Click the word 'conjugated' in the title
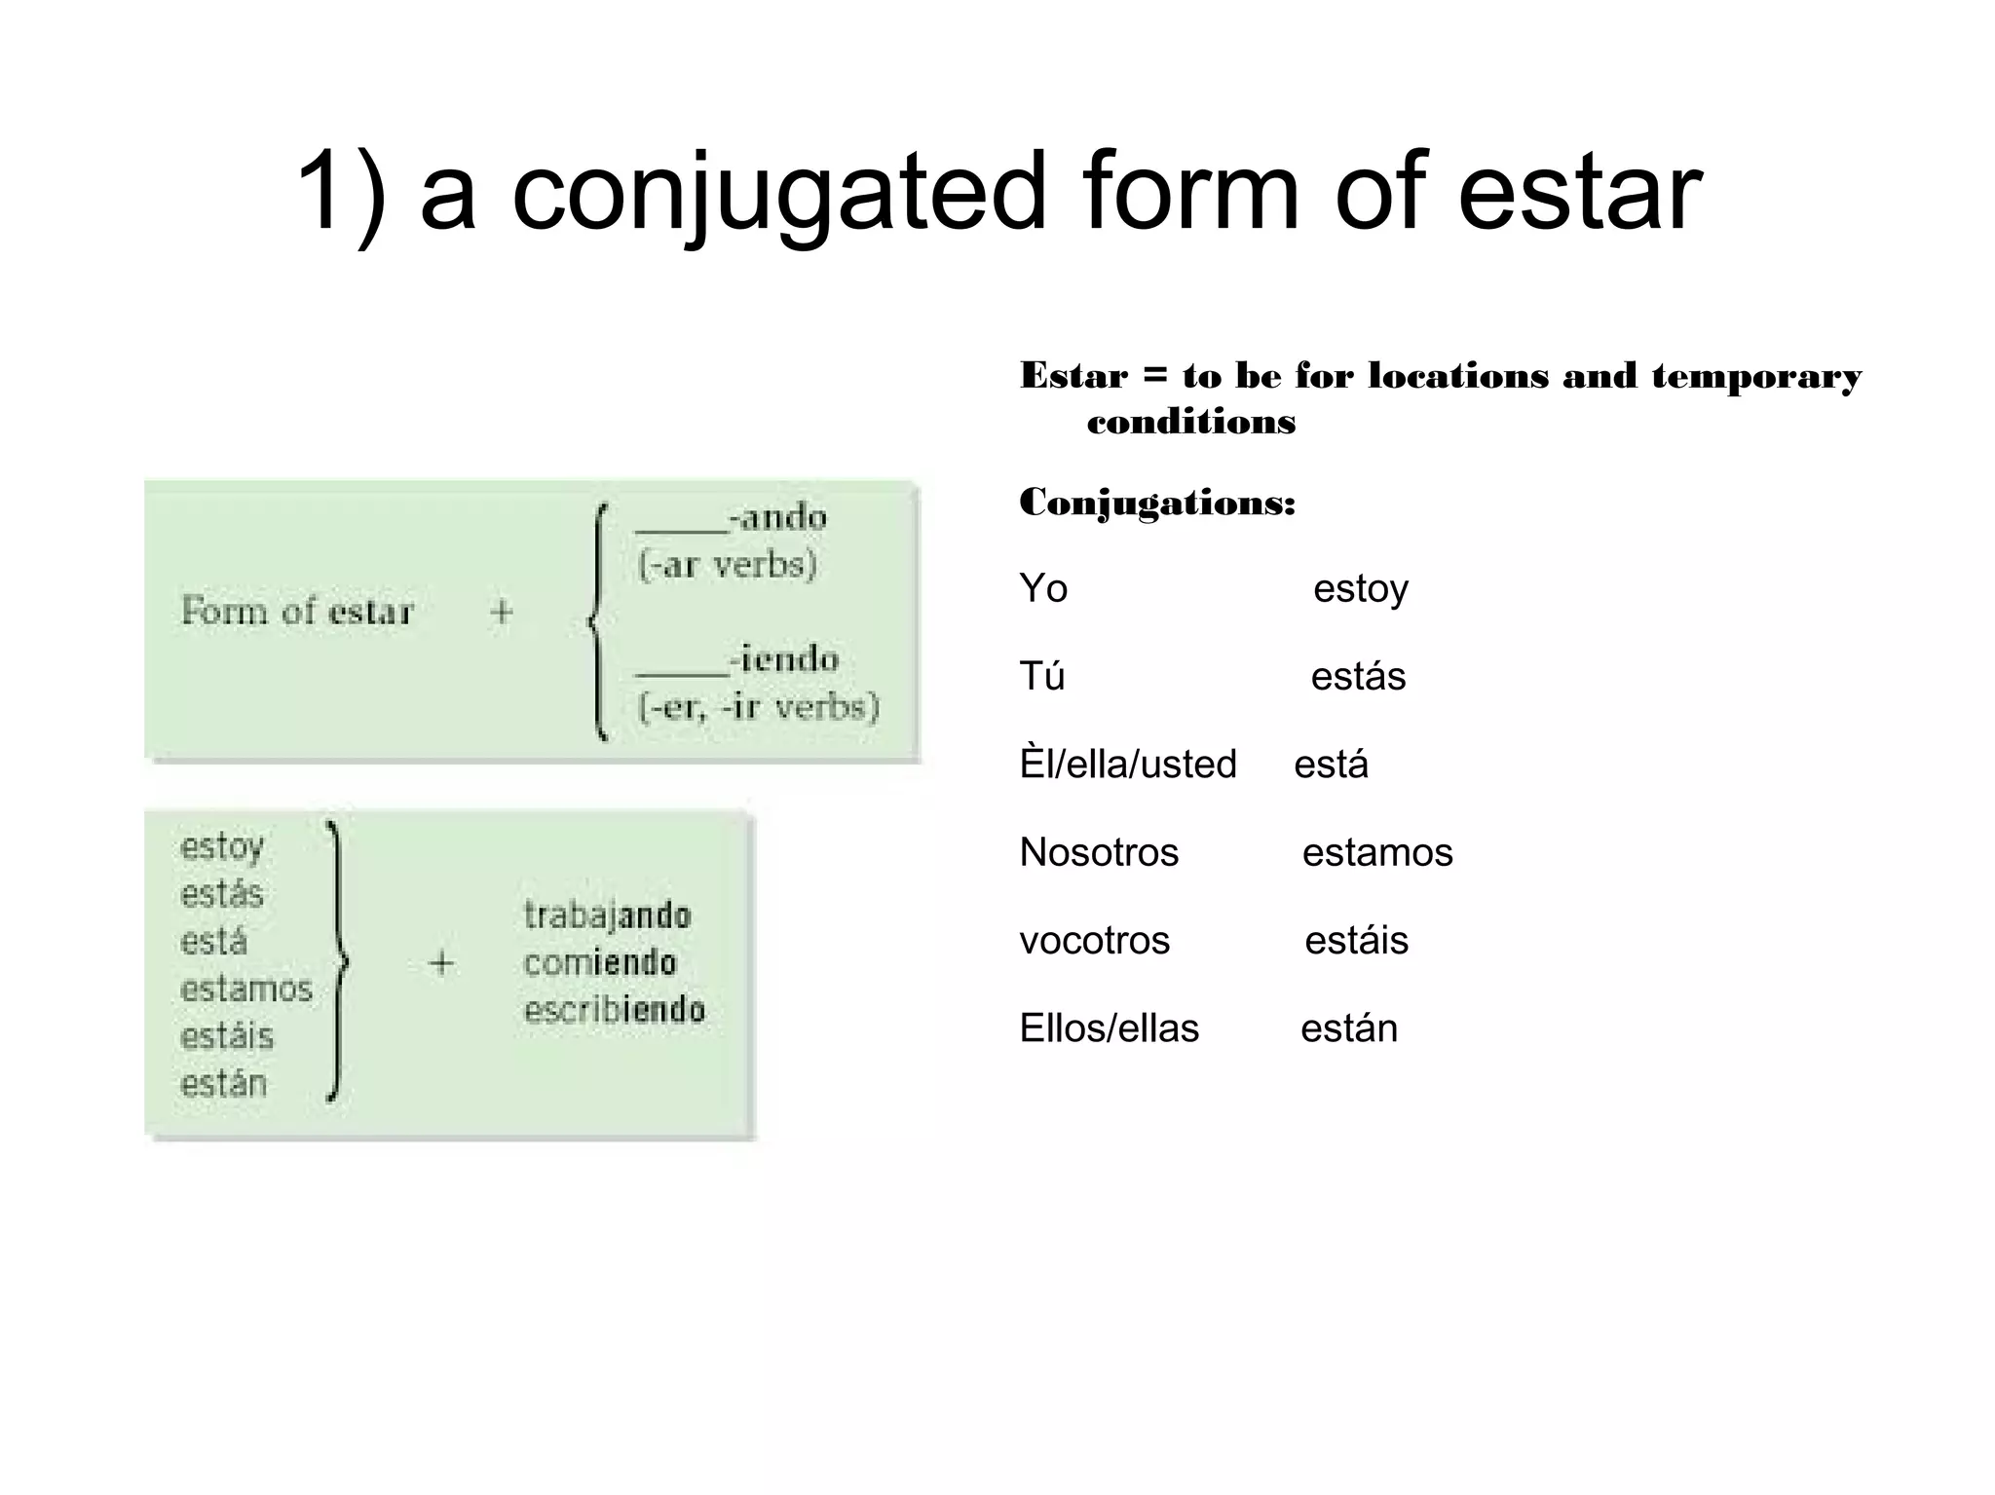[777, 194]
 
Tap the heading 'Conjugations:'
[1157, 503]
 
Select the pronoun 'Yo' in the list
[1043, 589]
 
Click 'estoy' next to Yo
[1360, 589]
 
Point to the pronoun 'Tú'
[1042, 676]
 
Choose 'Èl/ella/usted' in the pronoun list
[1128, 765]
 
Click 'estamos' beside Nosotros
[1377, 852]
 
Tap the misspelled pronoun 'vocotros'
[1094, 940]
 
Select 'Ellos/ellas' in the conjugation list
[1109, 1028]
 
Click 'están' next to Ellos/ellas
[1349, 1028]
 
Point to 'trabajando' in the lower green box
[607, 916]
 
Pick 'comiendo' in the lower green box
[599, 963]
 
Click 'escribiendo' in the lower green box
[614, 1010]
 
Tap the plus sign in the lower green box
[441, 963]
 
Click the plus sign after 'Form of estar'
[501, 612]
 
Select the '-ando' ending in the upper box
[779, 516]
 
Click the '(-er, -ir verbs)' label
[758, 706]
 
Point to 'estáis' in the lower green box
[227, 1036]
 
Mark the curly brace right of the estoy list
[337, 962]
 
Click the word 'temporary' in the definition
[1755, 376]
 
